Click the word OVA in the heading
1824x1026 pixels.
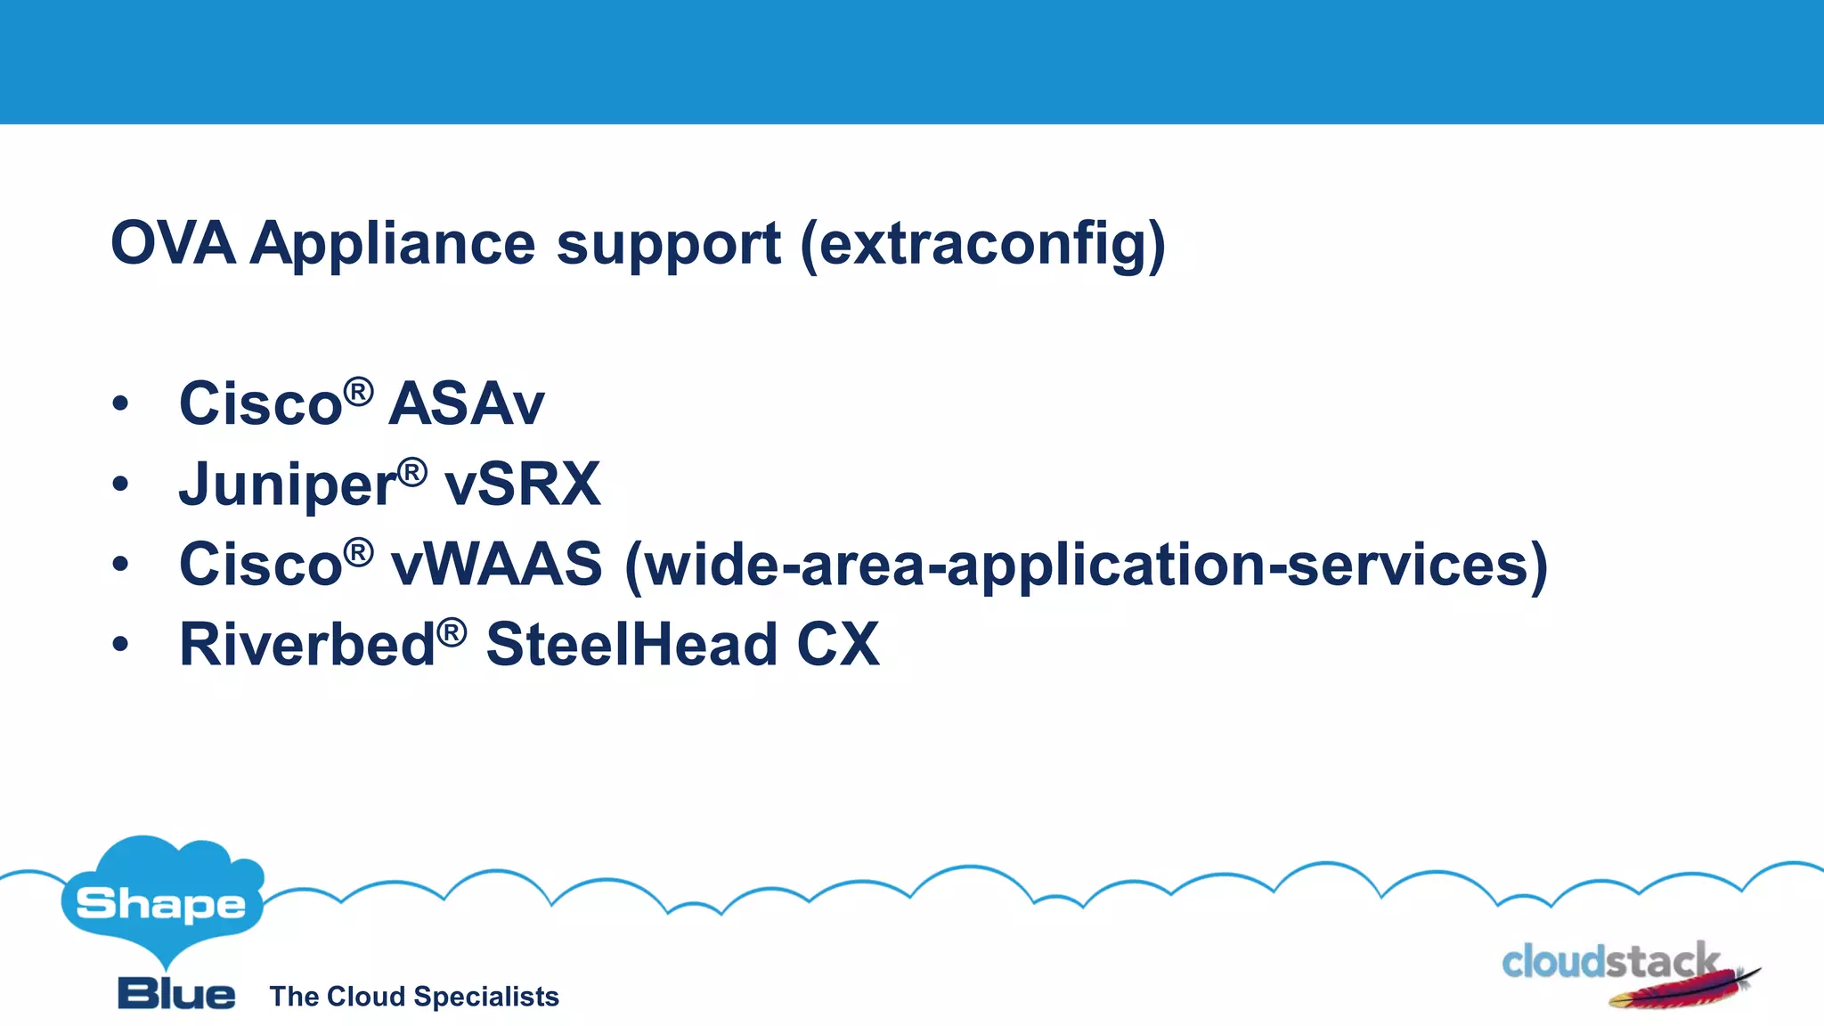point(173,243)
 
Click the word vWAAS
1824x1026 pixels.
point(497,565)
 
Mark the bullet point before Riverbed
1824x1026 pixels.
point(121,645)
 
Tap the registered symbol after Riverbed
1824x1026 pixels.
point(452,632)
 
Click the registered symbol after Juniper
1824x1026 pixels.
point(411,472)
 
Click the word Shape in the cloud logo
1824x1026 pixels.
point(161,905)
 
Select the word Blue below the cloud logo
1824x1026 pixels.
point(176,994)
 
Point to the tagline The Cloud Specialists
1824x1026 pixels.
point(414,997)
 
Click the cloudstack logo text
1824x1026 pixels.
point(1608,962)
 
